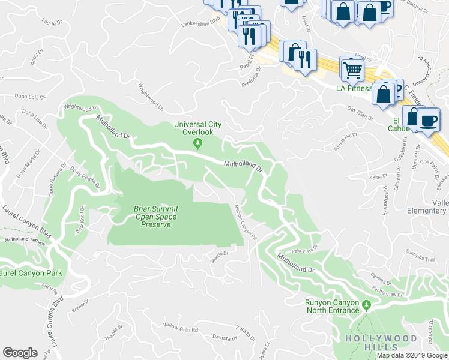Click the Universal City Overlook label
click(197, 128)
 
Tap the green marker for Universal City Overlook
click(197, 143)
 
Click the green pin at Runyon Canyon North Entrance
click(364, 306)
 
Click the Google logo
click(20, 353)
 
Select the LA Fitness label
click(353, 88)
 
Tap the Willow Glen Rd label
click(181, 329)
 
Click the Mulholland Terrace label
click(25, 239)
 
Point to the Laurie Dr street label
click(52, 23)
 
